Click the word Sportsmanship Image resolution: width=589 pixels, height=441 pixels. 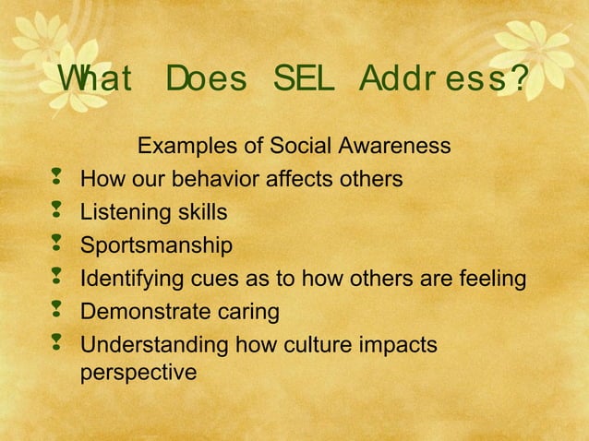click(156, 246)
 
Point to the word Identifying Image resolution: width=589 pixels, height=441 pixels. click(127, 279)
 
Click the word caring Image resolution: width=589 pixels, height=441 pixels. click(247, 312)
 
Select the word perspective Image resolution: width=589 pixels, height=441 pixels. click(138, 373)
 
